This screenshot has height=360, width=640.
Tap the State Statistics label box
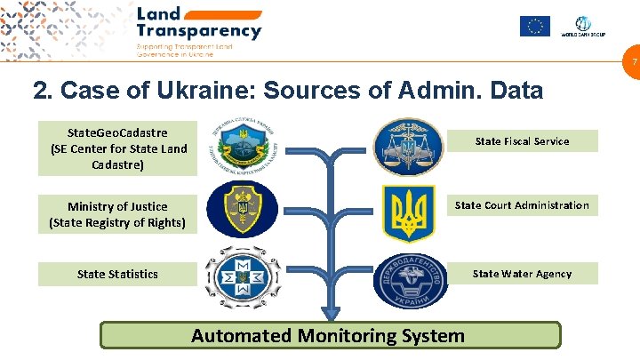tap(117, 274)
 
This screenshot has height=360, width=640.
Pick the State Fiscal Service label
tap(522, 140)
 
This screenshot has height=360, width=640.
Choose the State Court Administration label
tap(522, 205)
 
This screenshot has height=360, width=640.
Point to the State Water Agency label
tap(522, 274)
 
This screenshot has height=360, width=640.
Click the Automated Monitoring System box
tap(329, 335)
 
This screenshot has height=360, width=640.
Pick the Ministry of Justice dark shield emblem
tap(241, 210)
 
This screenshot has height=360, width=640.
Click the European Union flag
tap(535, 27)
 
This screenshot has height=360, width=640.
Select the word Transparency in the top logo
tap(199, 31)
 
